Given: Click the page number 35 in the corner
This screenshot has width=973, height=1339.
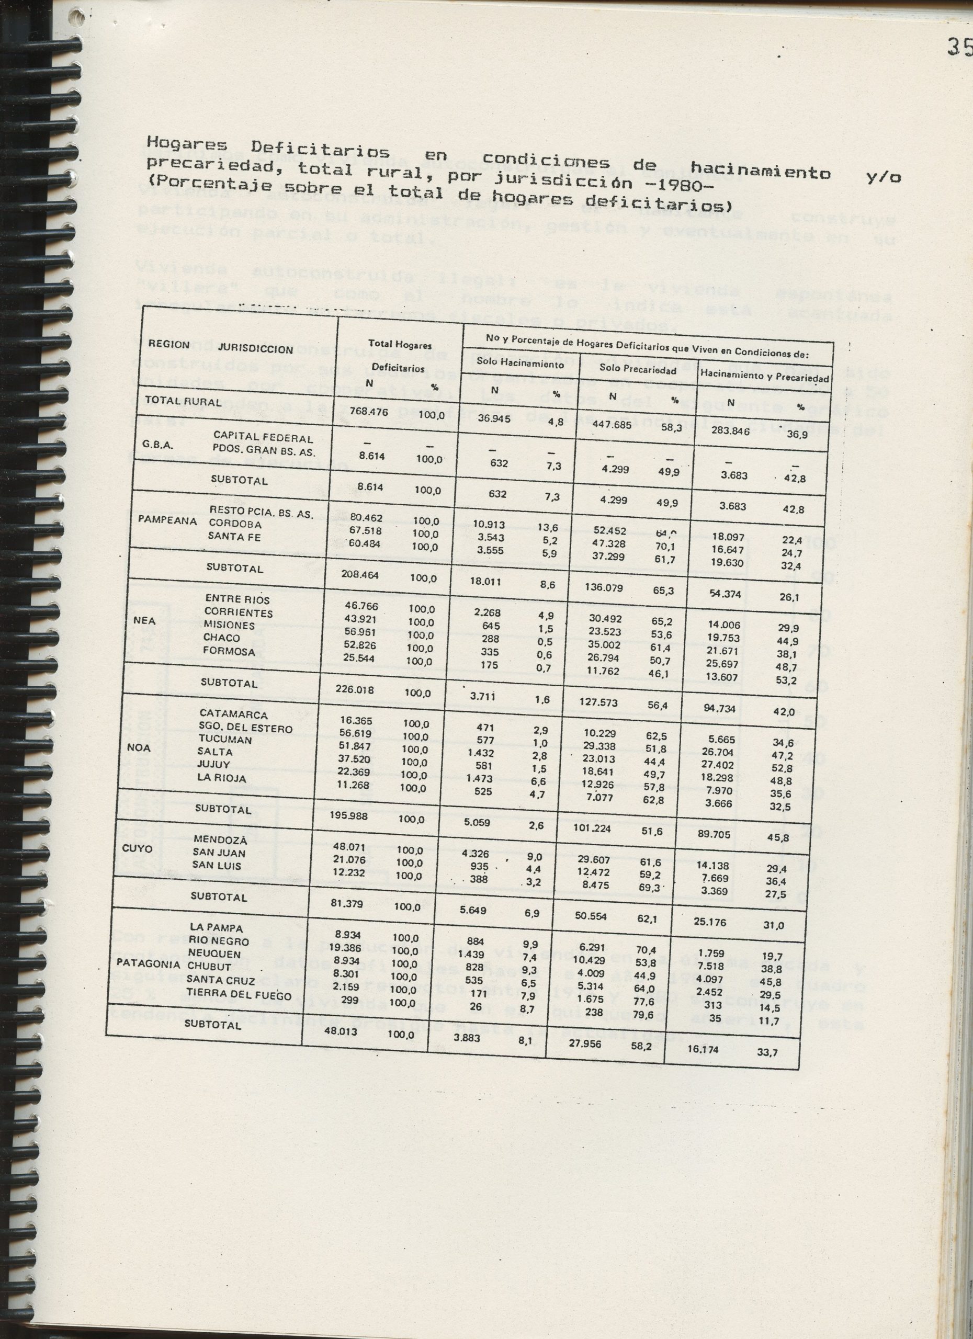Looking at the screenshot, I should point(960,47).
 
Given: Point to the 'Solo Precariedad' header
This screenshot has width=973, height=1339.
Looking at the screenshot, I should point(638,369).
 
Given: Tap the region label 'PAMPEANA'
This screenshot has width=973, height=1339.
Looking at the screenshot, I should point(167,521).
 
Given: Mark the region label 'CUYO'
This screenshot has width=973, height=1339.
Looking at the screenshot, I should point(137,849).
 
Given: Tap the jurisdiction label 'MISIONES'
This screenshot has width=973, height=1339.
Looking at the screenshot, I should point(229,625).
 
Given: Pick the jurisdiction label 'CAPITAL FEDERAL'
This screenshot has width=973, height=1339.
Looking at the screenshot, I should point(263,438).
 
